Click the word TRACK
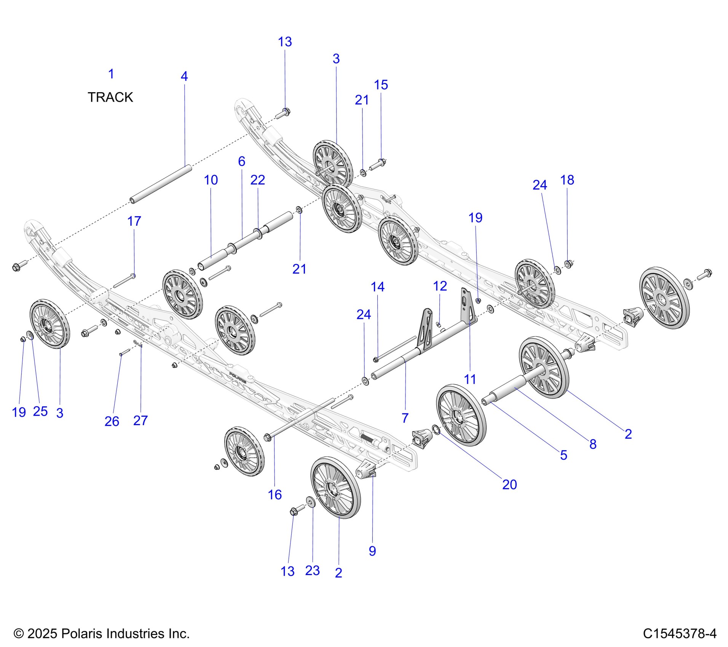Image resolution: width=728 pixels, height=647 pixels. click(110, 97)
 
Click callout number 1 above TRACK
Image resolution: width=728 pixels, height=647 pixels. click(111, 74)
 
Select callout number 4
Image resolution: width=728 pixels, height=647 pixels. click(184, 76)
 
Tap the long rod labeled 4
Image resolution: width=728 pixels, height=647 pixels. click(160, 183)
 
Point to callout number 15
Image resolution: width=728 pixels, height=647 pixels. click(381, 85)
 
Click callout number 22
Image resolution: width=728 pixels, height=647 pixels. click(257, 180)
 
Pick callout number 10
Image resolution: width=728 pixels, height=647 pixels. click(211, 180)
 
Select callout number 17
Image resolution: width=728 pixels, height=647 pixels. click(134, 221)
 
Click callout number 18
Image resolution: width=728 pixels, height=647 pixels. click(567, 180)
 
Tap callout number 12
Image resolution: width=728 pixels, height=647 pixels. click(440, 286)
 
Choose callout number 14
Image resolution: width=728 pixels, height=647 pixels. click(377, 287)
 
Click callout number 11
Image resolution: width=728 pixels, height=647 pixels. click(470, 379)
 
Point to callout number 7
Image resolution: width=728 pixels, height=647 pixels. click(405, 418)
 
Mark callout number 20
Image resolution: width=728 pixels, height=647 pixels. click(509, 484)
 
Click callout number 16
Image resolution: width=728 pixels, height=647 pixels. click(275, 495)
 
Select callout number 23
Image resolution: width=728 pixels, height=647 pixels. click(312, 571)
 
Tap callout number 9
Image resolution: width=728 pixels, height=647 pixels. click(372, 551)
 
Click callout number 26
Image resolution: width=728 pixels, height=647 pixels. click(112, 421)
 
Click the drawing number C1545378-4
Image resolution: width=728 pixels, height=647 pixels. click(680, 633)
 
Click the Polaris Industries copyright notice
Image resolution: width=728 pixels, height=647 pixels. click(102, 633)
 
